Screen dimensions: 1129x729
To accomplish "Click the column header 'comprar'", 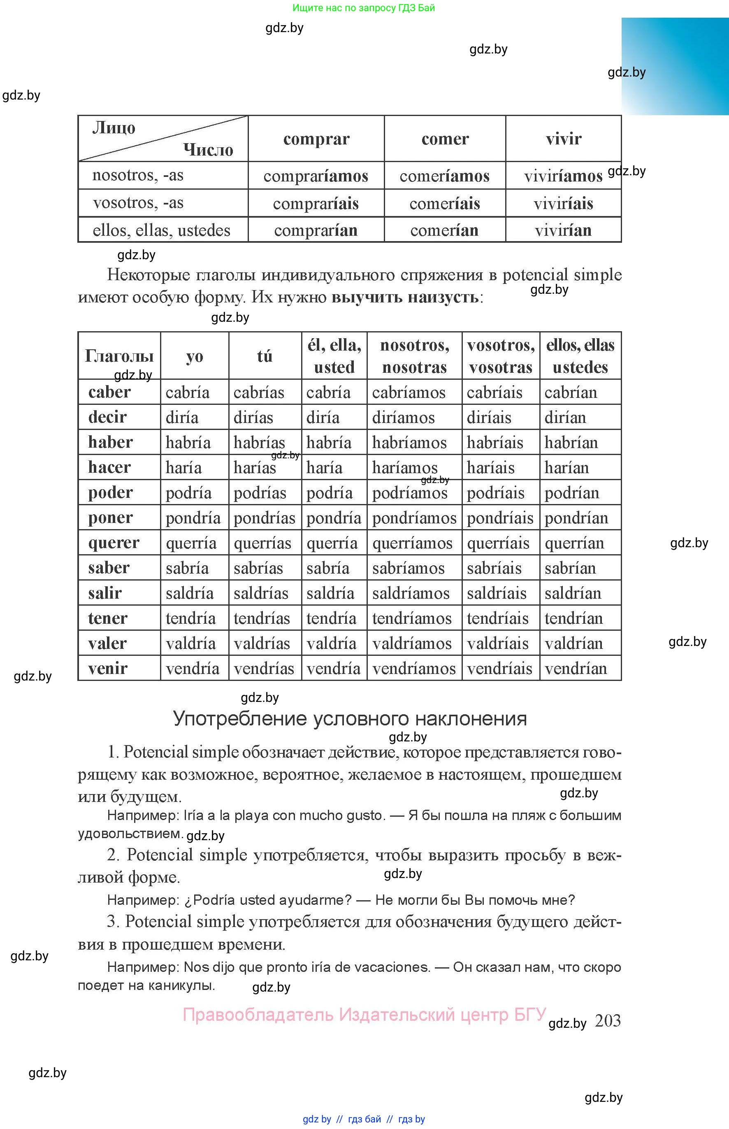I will (316, 139).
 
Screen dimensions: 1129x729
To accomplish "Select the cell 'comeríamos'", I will (444, 176).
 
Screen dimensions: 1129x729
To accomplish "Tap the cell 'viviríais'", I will (563, 204).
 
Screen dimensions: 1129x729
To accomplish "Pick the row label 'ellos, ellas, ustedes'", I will (161, 230).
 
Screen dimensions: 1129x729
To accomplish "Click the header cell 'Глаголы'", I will (119, 355).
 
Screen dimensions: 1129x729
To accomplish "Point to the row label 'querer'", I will (114, 543).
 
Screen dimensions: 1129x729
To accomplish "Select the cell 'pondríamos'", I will (414, 518).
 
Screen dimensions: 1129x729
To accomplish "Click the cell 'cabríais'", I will (494, 393).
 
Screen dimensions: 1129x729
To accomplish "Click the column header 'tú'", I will (265, 356).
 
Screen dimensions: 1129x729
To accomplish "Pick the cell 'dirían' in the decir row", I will (565, 418).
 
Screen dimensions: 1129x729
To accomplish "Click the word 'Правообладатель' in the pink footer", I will (258, 1015).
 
